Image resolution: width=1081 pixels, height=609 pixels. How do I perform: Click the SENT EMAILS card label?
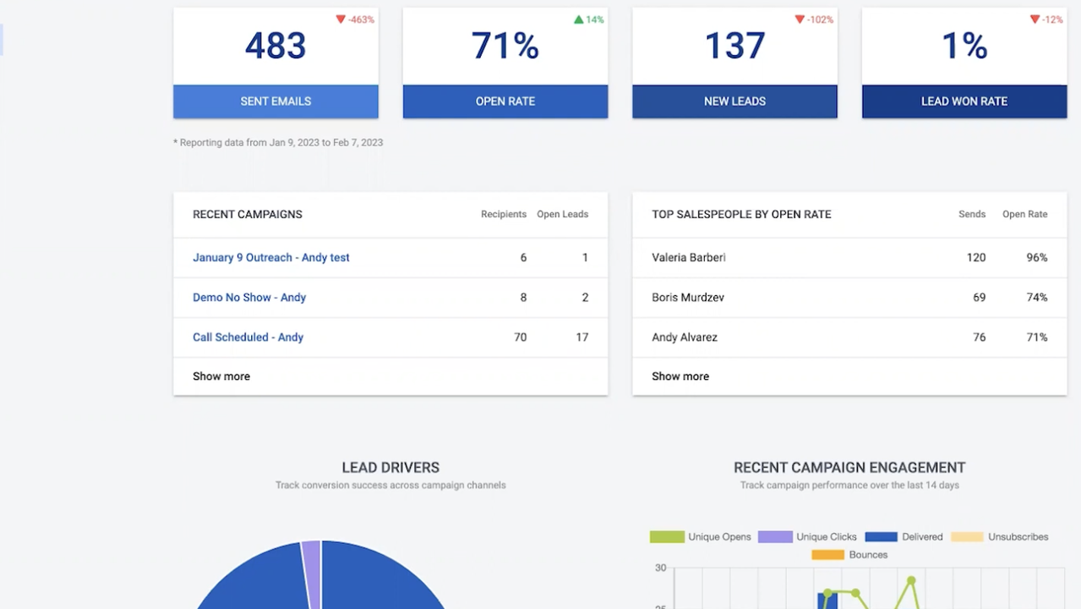pyautogui.click(x=276, y=101)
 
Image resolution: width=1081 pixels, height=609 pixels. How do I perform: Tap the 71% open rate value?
pyautogui.click(x=505, y=47)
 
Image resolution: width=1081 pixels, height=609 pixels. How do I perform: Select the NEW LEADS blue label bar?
pyautogui.click(x=734, y=101)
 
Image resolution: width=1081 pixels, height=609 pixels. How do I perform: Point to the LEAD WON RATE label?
pyautogui.click(x=964, y=101)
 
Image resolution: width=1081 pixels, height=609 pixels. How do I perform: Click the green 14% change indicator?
pyautogui.click(x=589, y=19)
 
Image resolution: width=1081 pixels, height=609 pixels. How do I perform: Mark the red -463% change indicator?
pyautogui.click(x=355, y=19)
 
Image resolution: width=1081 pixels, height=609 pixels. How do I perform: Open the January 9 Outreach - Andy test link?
pyautogui.click(x=270, y=257)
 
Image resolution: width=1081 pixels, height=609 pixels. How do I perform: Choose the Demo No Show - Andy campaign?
pyautogui.click(x=249, y=297)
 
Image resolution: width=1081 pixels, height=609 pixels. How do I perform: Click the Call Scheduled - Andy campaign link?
pyautogui.click(x=248, y=337)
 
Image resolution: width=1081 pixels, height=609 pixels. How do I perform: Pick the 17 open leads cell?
pyautogui.click(x=581, y=337)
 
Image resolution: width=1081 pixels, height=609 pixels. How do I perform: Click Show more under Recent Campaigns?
pyautogui.click(x=221, y=376)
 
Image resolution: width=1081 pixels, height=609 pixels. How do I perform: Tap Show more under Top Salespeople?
pyautogui.click(x=680, y=376)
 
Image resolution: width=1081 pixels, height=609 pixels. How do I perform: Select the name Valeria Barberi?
pyautogui.click(x=689, y=257)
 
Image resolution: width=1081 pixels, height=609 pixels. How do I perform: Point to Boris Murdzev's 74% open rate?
pyautogui.click(x=1036, y=297)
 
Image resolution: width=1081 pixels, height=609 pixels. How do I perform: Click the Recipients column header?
pyautogui.click(x=504, y=214)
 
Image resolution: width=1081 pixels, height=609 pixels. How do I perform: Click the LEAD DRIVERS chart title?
pyautogui.click(x=390, y=467)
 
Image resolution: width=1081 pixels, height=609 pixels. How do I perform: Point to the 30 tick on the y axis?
pyautogui.click(x=660, y=568)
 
